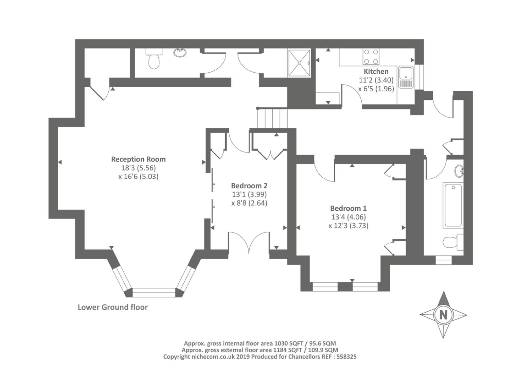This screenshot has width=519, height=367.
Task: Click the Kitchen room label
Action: tap(376, 71)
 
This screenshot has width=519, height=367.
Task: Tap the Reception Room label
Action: tap(138, 159)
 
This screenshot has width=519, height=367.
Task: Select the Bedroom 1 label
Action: tap(348, 208)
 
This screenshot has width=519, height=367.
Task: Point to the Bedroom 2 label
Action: tap(249, 186)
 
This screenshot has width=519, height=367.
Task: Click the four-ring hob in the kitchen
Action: tap(371, 56)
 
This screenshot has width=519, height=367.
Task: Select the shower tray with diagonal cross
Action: tap(299, 63)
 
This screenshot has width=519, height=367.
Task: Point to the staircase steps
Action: tap(272, 118)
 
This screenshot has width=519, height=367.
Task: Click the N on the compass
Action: tap(443, 315)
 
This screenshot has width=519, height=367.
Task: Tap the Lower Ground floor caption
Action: tap(113, 307)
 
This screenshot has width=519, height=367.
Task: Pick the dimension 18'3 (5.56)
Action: tap(138, 168)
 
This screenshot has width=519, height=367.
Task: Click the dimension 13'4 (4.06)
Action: tap(348, 217)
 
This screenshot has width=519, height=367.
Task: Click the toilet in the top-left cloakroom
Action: tap(154, 59)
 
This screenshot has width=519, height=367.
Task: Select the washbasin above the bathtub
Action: tap(459, 171)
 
